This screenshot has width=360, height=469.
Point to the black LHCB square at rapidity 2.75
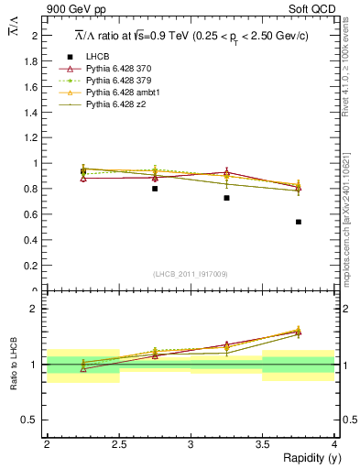tap(155, 189)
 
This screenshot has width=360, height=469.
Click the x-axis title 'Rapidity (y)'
tap(305, 458)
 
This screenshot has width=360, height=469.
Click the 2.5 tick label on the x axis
tap(119, 443)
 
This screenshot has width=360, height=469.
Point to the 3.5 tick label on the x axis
tap(262, 443)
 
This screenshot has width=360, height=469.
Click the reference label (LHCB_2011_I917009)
tap(191, 273)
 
